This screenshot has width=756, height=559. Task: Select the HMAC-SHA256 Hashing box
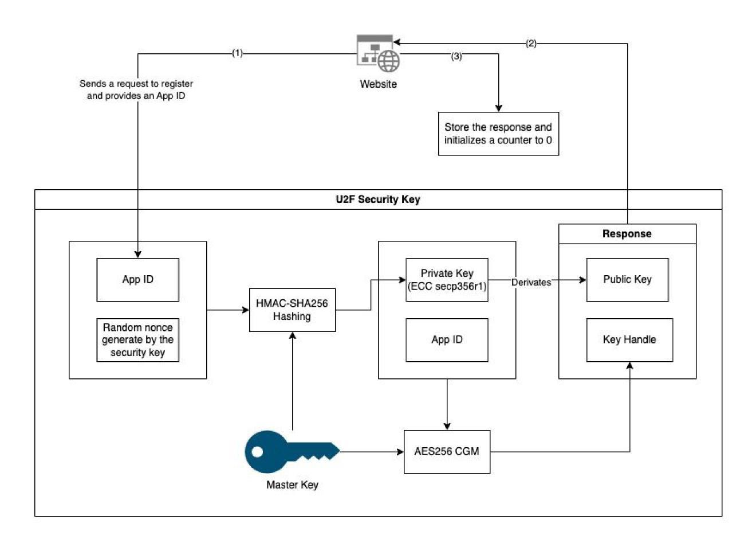[x=292, y=310]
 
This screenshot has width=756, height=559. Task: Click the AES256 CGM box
[x=447, y=452]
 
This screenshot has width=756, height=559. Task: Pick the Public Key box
[x=627, y=280]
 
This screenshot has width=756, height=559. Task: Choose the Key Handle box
[x=629, y=340]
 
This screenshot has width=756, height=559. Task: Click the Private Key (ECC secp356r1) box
[x=447, y=280]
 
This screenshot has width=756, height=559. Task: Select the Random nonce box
[x=137, y=340]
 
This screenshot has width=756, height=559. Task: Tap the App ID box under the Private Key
[x=447, y=340]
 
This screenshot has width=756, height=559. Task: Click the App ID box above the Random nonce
[x=137, y=280]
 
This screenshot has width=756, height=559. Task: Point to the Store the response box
[x=498, y=134]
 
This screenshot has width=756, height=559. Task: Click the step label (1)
[x=237, y=53]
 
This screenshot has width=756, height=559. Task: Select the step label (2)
[x=531, y=44]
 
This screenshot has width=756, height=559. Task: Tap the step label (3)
[x=456, y=56]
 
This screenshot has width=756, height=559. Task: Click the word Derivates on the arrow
[x=531, y=282]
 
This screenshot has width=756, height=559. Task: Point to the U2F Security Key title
[x=378, y=200]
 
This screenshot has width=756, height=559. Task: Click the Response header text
[x=627, y=234]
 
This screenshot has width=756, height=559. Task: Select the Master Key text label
[x=292, y=485]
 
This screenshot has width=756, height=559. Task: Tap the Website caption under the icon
[x=378, y=84]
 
